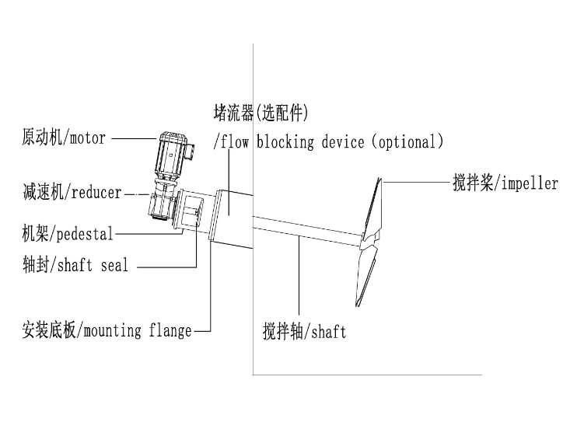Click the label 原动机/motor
63,140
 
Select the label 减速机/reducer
72,192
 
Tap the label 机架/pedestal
68,232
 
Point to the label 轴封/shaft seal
75,266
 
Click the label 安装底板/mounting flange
107,330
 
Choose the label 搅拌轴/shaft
305,333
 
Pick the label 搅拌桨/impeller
505,184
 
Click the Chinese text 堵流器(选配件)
261,113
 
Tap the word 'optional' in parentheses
406,142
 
